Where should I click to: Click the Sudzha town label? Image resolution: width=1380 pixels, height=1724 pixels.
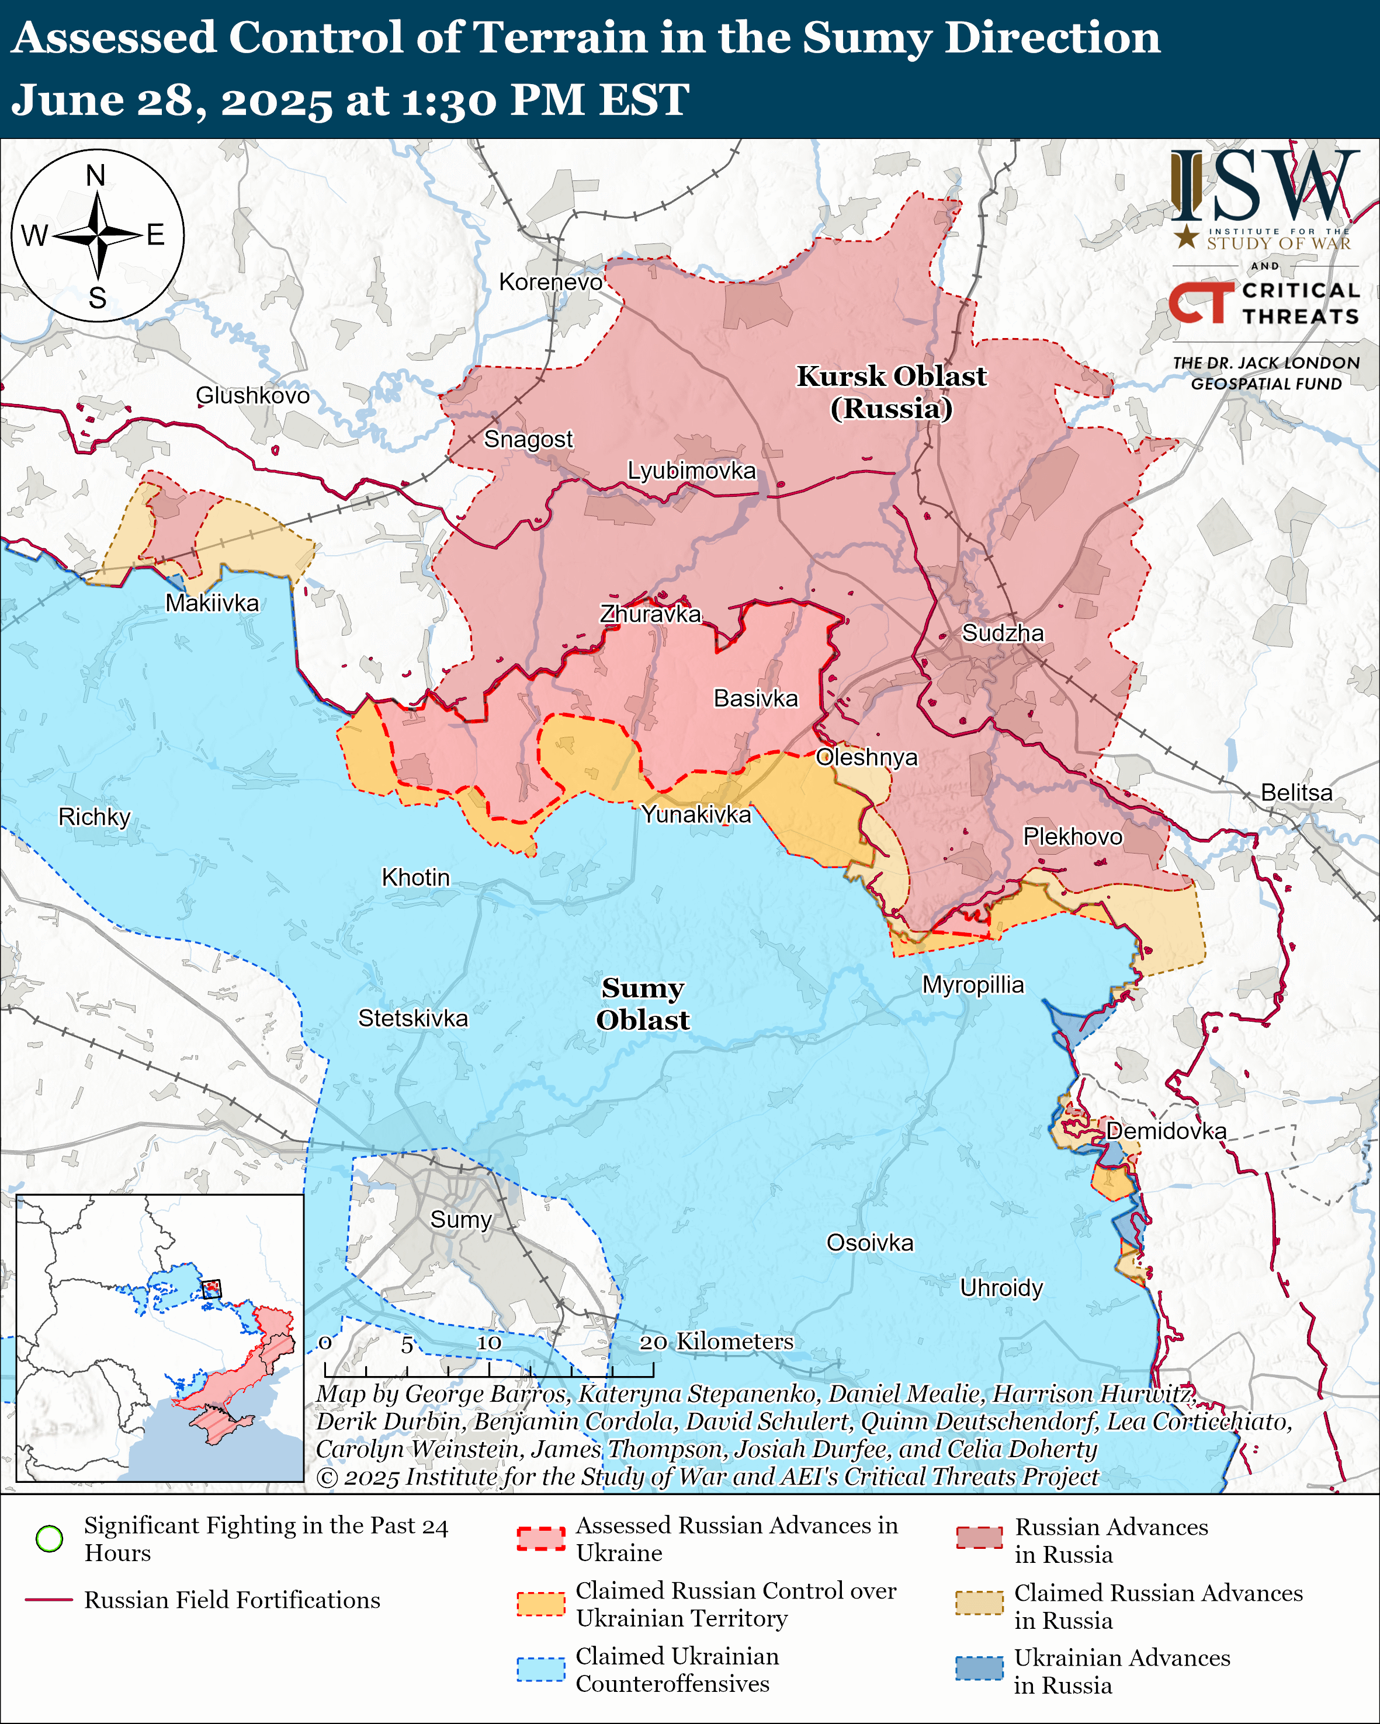1003,633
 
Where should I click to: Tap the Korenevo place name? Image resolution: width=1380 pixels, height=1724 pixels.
550,281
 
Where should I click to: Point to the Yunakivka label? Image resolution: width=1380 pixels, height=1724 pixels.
696,814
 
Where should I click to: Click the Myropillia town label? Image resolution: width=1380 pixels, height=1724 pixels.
973,984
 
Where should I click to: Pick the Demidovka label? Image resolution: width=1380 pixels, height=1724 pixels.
1166,1131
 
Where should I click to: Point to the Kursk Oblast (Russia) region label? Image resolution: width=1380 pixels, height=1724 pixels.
891,392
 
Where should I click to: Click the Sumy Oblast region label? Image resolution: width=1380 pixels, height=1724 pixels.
643,1004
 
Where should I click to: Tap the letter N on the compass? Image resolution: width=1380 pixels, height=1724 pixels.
96,175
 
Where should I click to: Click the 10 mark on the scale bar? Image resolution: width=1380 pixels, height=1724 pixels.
489,1343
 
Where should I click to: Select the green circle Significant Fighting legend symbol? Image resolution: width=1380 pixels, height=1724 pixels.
50,1538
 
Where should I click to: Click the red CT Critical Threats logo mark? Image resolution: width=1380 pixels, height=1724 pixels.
1201,303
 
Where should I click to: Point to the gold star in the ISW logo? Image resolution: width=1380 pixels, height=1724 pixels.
1187,236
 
